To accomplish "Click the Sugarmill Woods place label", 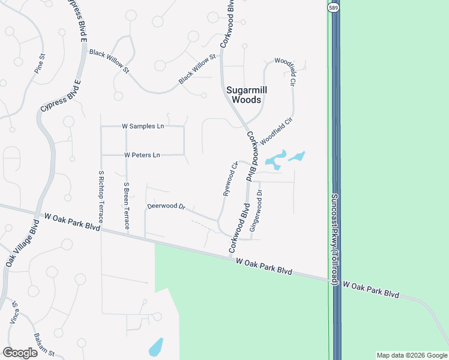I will tap(247, 95).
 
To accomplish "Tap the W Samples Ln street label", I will tap(143, 127).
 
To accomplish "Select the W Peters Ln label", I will tap(142, 155).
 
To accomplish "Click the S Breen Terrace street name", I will tap(126, 206).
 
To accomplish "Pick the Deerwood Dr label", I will tap(166, 206).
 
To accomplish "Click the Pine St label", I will tap(40, 64).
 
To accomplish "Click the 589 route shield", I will tap(333, 7).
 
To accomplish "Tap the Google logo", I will tap(20, 353).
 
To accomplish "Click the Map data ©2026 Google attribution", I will tap(411, 355).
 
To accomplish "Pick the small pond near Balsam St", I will tap(155, 347).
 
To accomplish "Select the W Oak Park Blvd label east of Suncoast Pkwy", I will tap(371, 290).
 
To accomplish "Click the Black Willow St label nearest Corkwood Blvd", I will tap(197, 69).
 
